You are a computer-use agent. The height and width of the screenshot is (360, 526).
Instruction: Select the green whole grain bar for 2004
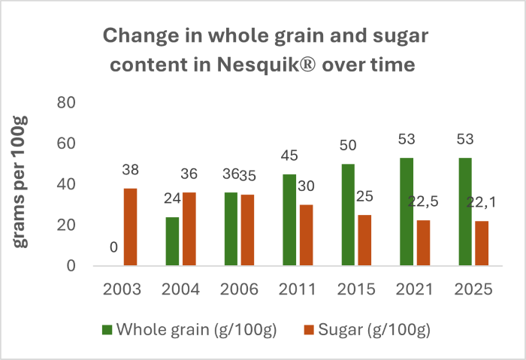tap(172, 241)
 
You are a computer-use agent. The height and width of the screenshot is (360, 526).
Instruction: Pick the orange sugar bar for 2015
tap(365, 240)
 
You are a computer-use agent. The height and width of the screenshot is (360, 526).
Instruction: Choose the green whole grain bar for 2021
tap(407, 211)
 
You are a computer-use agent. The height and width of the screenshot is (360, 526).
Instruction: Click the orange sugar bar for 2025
tap(482, 243)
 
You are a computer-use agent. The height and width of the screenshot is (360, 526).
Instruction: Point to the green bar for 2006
tap(231, 229)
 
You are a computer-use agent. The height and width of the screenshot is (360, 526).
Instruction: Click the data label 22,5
tap(423, 201)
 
